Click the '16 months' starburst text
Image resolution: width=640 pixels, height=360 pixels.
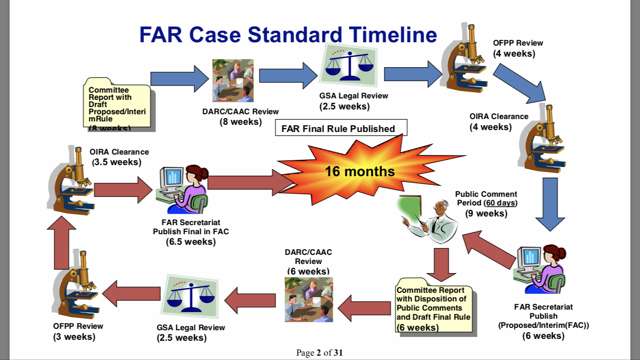pos(360,171)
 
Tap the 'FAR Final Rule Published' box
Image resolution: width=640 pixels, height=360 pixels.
pos(341,128)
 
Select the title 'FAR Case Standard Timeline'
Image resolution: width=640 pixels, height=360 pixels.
pos(288,35)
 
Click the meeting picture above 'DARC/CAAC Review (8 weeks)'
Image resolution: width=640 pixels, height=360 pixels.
pos(233,80)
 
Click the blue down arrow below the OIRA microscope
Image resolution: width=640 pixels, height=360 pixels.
pos(550,204)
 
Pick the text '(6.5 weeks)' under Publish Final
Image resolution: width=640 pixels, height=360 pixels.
pos(190,242)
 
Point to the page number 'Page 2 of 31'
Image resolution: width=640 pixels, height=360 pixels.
pos(320,353)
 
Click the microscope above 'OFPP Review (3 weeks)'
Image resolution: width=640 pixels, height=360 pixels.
pos(77,283)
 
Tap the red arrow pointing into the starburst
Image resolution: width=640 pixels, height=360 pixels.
pos(249,183)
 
